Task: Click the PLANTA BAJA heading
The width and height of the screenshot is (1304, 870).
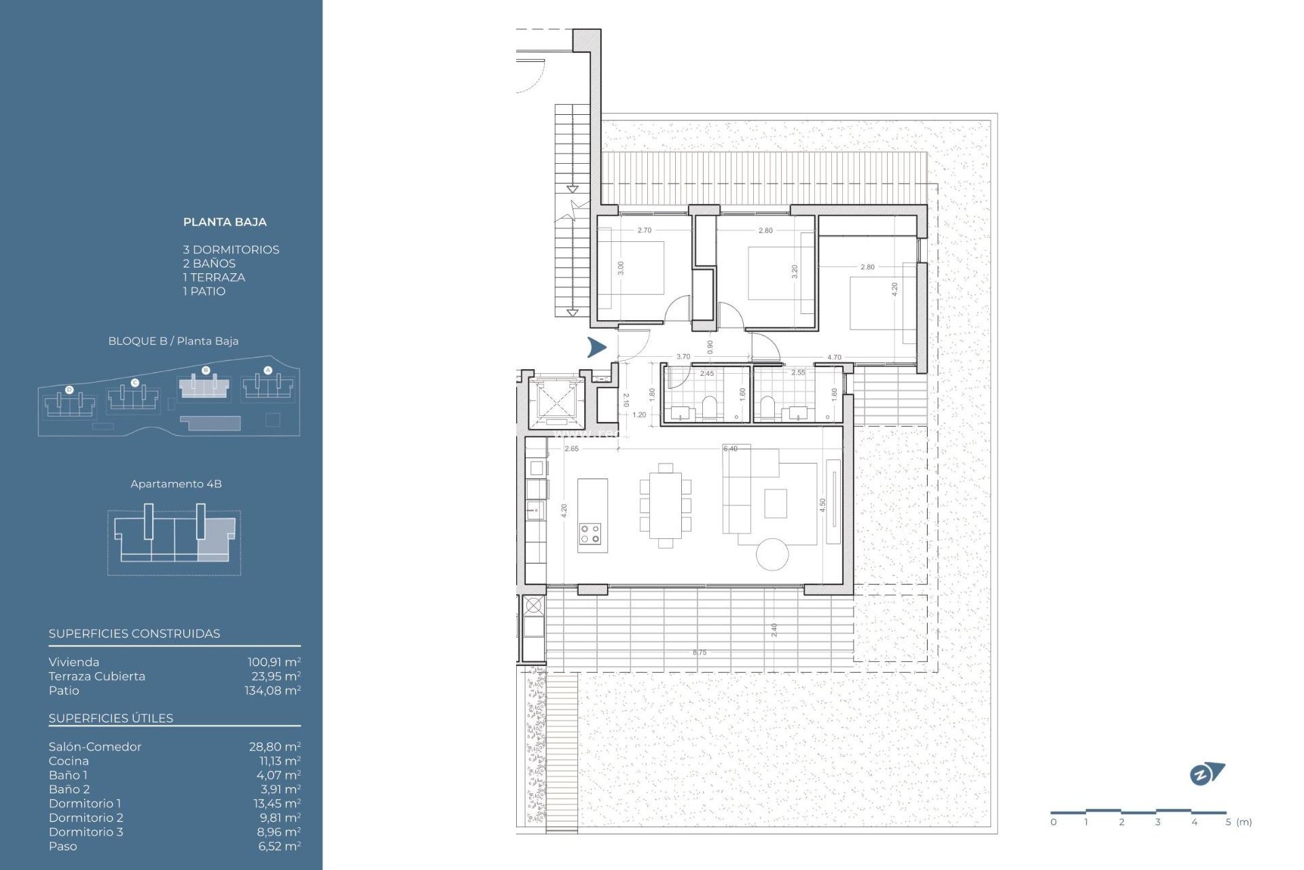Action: [225, 222]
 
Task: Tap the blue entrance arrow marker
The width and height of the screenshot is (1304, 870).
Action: [596, 347]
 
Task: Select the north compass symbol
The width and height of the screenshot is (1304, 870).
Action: [1207, 773]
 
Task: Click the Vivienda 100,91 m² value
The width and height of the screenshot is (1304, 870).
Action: [274, 662]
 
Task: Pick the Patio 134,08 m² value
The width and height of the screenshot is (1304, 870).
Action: [272, 691]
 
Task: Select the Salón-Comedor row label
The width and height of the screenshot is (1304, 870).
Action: [95, 746]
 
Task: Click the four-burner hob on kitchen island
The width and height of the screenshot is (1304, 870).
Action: [590, 534]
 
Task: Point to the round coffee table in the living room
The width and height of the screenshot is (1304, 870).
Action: [772, 554]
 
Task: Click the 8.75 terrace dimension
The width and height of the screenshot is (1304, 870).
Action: [700, 652]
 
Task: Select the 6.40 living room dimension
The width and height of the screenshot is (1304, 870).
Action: [730, 449]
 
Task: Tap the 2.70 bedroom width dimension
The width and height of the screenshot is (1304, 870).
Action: [644, 230]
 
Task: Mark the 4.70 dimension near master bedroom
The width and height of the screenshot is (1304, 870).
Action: [834, 357]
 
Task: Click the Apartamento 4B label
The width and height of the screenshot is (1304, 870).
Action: [176, 484]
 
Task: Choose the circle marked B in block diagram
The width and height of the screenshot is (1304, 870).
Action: [206, 370]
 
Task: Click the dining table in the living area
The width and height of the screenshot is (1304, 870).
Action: [665, 505]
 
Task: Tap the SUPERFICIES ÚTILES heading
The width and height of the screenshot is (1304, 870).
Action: [111, 718]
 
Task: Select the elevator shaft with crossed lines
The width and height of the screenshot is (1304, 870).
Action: [556, 402]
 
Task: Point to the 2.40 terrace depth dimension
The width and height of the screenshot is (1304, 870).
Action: [774, 629]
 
